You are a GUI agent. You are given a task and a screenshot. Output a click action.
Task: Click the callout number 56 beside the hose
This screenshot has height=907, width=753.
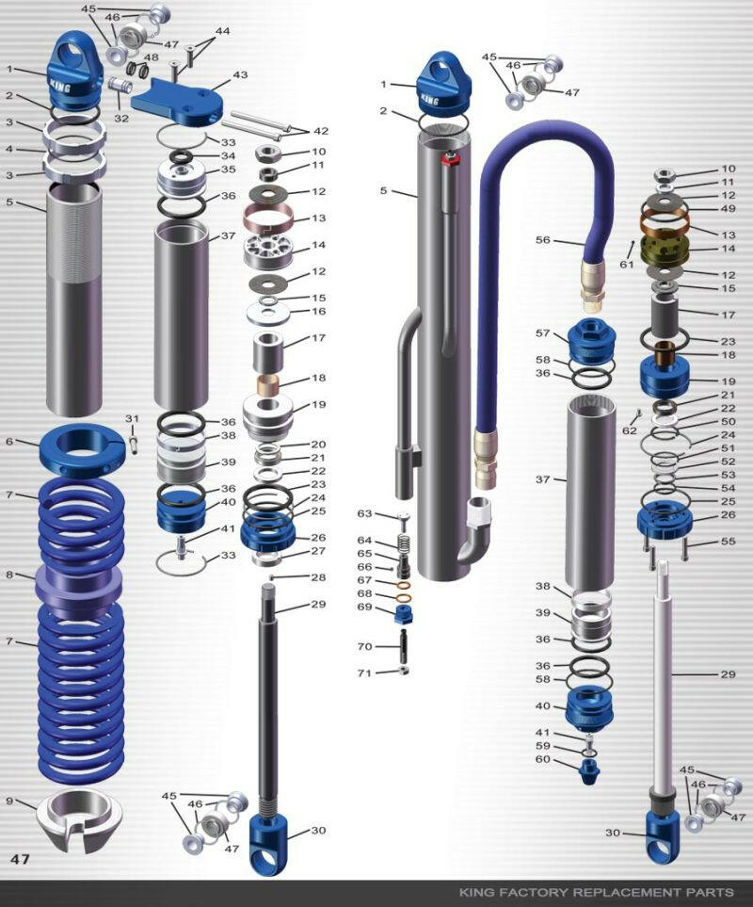point(542,240)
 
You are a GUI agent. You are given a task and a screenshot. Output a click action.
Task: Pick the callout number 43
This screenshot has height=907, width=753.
point(240,74)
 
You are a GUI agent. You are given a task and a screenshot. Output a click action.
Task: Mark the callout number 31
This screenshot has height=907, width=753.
point(132,418)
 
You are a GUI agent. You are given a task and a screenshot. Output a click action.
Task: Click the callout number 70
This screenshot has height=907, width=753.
point(365,647)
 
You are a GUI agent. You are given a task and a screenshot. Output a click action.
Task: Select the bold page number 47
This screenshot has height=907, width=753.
point(21,859)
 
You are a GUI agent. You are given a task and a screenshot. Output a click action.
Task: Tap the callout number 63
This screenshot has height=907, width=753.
point(365,513)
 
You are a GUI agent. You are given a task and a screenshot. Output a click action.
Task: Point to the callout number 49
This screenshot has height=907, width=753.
point(728,208)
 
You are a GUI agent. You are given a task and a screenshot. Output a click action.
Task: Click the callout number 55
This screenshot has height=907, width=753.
point(728,542)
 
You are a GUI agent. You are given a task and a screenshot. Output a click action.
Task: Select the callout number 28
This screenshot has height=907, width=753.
point(317,576)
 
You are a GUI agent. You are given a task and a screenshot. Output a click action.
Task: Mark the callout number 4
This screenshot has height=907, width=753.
point(8,149)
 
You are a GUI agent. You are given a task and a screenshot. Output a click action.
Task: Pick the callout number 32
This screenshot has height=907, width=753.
point(121,119)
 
